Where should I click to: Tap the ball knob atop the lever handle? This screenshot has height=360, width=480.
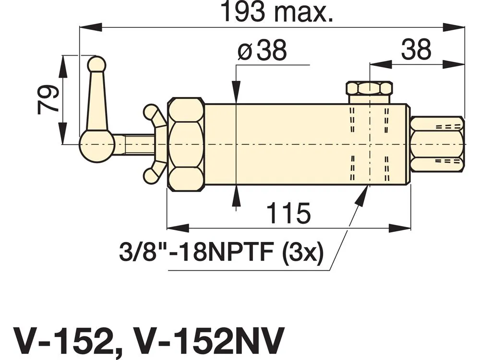(x=96, y=64)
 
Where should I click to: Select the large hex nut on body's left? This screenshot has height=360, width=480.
(x=186, y=144)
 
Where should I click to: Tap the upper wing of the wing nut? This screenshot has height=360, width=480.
(x=153, y=116)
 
